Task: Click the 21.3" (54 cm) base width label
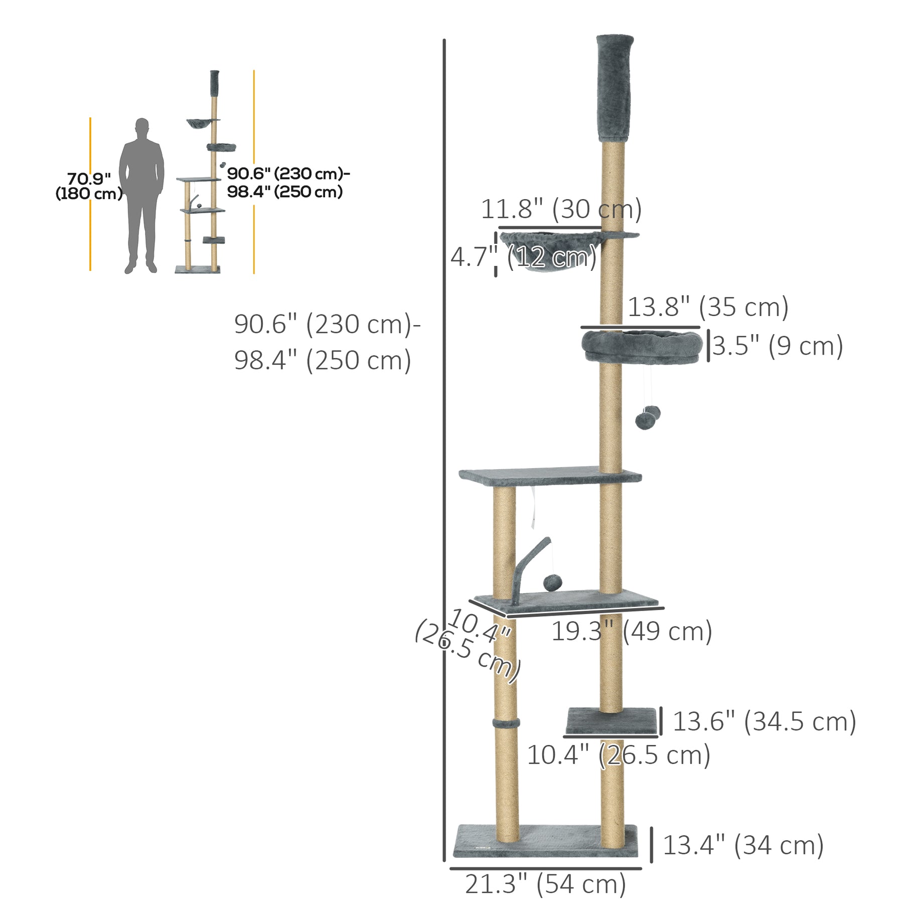545,884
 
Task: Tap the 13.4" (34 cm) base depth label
743,845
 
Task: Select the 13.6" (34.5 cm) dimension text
764,721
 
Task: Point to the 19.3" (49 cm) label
632,631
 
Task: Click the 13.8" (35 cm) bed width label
708,307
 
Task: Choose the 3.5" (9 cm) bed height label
778,346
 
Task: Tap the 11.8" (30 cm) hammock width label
561,209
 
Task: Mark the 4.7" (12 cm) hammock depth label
523,257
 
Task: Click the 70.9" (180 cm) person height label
89,186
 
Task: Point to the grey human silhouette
141,196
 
